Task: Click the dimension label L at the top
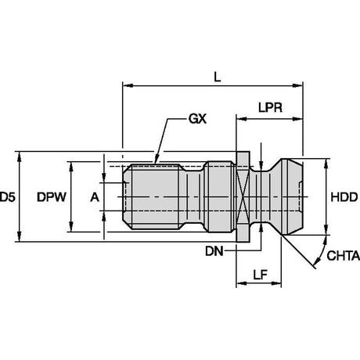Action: coord(217,77)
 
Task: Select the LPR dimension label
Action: coord(270,107)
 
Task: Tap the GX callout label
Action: coord(197,119)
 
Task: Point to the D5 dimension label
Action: coord(8,197)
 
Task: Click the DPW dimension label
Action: coord(52,197)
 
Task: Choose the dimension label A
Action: coord(95,197)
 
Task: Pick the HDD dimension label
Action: coord(344,197)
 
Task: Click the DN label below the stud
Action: coord(214,251)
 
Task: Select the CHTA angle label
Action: coord(343,256)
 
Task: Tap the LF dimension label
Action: coord(261,275)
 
